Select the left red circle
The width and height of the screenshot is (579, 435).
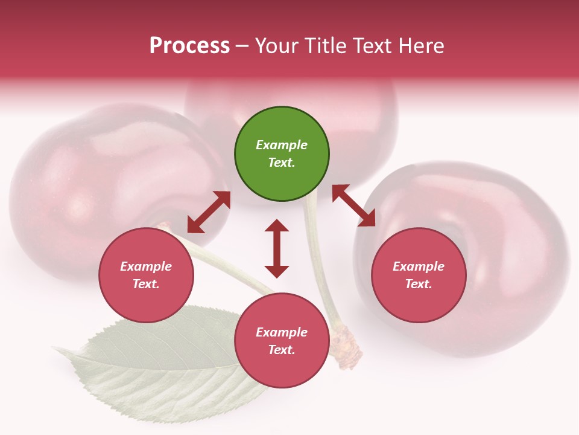(146, 275)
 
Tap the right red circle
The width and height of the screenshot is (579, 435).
(419, 275)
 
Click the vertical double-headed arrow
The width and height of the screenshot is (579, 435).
(277, 248)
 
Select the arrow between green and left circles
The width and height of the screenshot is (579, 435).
(209, 212)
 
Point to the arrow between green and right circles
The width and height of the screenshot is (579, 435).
(353, 205)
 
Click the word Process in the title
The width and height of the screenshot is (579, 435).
(189, 46)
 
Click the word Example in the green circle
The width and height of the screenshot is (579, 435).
(282, 145)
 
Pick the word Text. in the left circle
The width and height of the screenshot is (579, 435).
(146, 284)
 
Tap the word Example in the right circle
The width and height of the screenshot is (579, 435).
(419, 266)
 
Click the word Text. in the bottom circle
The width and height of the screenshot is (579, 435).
(282, 350)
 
